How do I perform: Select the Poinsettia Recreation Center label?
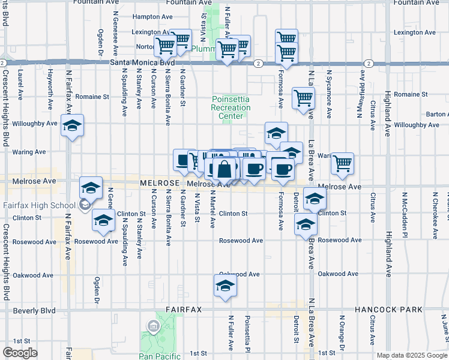click(231, 107)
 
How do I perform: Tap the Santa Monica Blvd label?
click(141, 62)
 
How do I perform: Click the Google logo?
click(20, 352)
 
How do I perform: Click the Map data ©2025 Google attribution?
click(411, 355)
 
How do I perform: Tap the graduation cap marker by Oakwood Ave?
click(225, 286)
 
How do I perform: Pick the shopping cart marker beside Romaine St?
click(304, 98)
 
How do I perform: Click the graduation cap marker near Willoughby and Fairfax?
click(72, 127)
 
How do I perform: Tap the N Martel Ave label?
click(212, 209)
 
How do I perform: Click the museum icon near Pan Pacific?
click(152, 326)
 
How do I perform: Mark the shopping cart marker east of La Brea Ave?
click(342, 163)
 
